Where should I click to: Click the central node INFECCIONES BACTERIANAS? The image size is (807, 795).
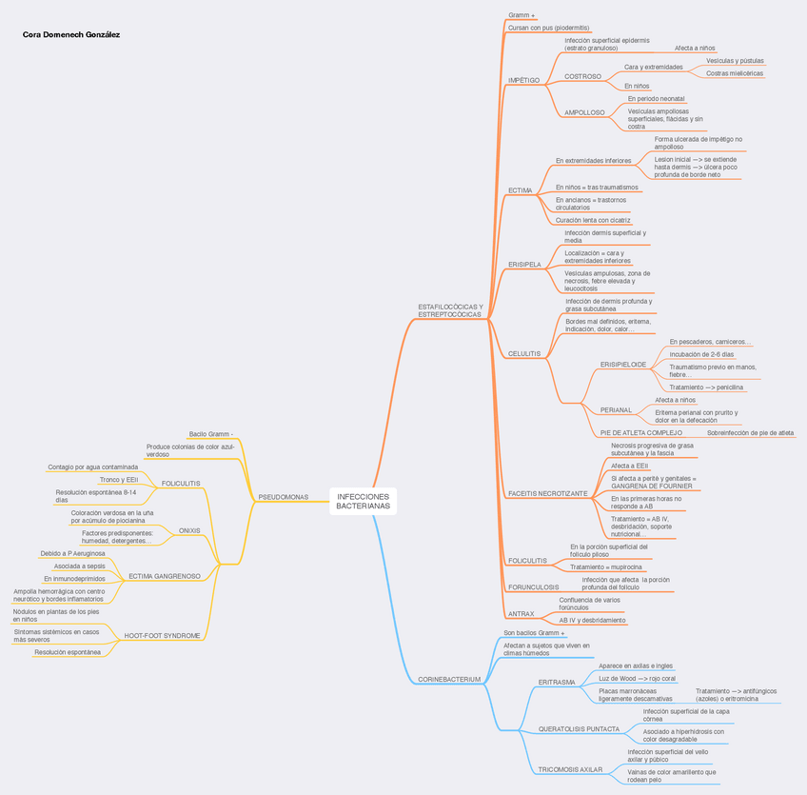[x=364, y=502]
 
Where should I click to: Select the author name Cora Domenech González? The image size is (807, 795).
[x=71, y=35]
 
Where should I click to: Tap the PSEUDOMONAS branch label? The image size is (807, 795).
[x=284, y=497]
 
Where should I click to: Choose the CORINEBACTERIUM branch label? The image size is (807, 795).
[x=449, y=679]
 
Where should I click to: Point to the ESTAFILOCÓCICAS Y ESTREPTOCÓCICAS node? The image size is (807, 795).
[x=450, y=310]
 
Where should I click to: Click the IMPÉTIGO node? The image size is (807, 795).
[x=523, y=80]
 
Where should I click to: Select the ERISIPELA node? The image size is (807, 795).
[x=524, y=265]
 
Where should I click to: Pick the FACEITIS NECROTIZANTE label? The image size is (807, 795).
[x=547, y=493]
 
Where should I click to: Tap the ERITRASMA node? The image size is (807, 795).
[x=557, y=682]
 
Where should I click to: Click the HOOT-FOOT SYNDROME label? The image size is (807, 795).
[x=162, y=635]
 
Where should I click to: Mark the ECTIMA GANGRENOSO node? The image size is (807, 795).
[x=164, y=576]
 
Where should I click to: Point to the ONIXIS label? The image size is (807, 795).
[x=189, y=530]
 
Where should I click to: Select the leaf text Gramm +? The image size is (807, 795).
[x=522, y=15]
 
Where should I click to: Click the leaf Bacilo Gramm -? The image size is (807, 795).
[x=210, y=434]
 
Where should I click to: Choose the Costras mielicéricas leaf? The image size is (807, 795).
[x=734, y=73]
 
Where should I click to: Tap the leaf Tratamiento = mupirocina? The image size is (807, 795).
[x=605, y=566]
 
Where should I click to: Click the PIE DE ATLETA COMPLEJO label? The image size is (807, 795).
[x=640, y=432]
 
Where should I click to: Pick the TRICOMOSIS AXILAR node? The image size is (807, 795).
[x=570, y=769]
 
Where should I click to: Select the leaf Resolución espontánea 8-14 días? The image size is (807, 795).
[x=95, y=495]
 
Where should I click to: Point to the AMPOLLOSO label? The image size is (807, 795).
[x=584, y=112]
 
